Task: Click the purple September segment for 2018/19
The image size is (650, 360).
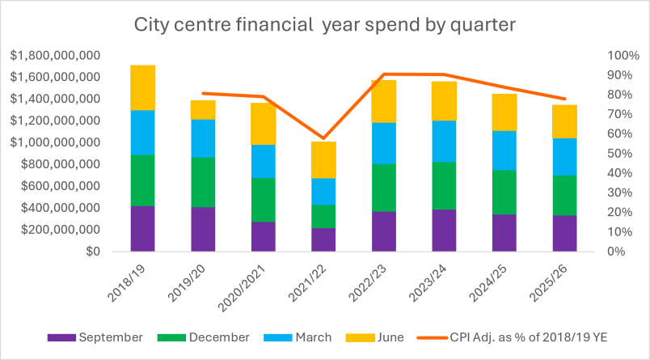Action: pyautogui.click(x=142, y=228)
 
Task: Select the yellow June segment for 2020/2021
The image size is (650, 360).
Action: pyautogui.click(x=264, y=124)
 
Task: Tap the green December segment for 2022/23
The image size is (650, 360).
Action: pyautogui.click(x=384, y=188)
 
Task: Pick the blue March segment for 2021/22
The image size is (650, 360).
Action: pyautogui.click(x=323, y=191)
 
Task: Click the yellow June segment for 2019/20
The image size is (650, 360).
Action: pyautogui.click(x=203, y=110)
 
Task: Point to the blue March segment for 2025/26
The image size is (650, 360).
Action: pyautogui.click(x=564, y=157)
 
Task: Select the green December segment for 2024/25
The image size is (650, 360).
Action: pyautogui.click(x=504, y=192)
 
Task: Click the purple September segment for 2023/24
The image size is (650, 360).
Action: pyautogui.click(x=444, y=231)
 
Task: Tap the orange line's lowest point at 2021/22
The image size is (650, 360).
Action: pyautogui.click(x=323, y=138)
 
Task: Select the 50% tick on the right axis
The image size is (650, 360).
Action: pyautogui.click(x=620, y=153)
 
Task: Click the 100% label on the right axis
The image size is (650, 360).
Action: pyautogui.click(x=623, y=56)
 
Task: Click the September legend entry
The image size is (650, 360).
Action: pyautogui.click(x=95, y=337)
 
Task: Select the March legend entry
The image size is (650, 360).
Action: pyautogui.click(x=298, y=337)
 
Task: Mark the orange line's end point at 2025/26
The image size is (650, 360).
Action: pyautogui.click(x=564, y=99)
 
